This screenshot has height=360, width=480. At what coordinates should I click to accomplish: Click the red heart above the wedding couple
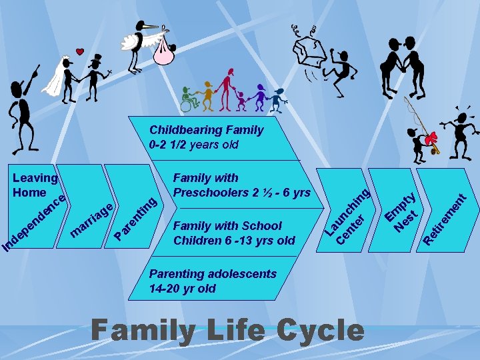coord(80,51)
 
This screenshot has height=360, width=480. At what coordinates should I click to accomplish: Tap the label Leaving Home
coord(35,185)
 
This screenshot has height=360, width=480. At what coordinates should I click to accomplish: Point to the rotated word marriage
coord(91,219)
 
